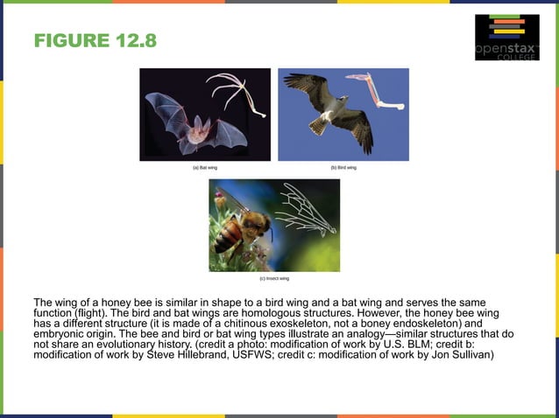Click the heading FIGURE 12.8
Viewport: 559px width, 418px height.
(94, 42)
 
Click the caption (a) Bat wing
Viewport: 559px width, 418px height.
(205, 167)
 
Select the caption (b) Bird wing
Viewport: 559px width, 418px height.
(343, 167)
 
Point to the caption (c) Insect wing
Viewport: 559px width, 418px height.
(274, 278)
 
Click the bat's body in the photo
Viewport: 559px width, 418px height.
(199, 128)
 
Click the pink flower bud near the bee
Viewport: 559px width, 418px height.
(222, 200)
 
